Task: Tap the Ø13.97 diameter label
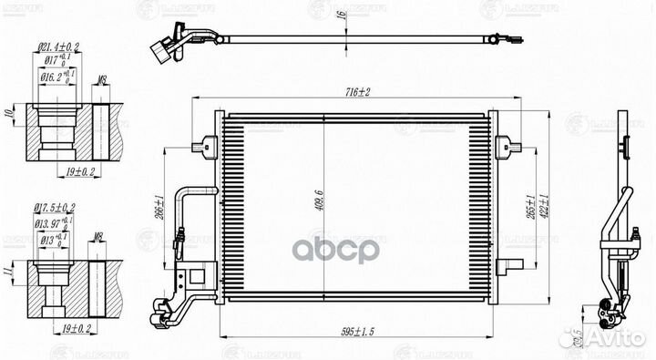click(55, 222)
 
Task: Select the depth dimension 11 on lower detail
click(10, 271)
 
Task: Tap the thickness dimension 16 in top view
click(342, 16)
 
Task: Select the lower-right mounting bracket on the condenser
click(510, 265)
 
